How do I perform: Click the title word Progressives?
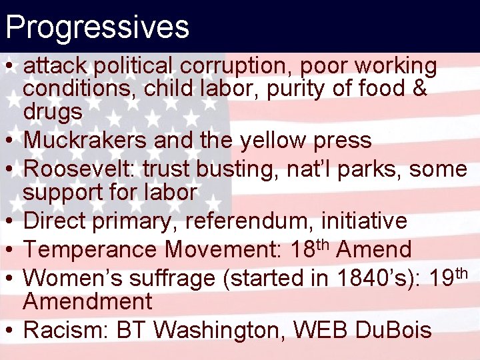click(97, 27)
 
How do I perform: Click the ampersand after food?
click(419, 89)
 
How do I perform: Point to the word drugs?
click(53, 112)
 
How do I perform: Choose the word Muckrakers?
click(85, 141)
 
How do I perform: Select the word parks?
click(369, 169)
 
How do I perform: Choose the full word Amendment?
click(87, 301)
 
